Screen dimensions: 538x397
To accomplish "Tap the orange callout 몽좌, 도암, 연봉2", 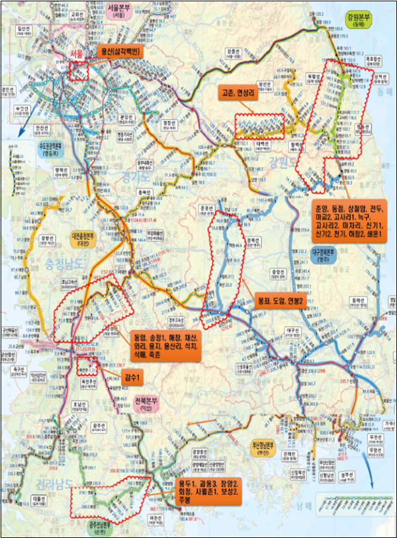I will pyautogui.click(x=273, y=300).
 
